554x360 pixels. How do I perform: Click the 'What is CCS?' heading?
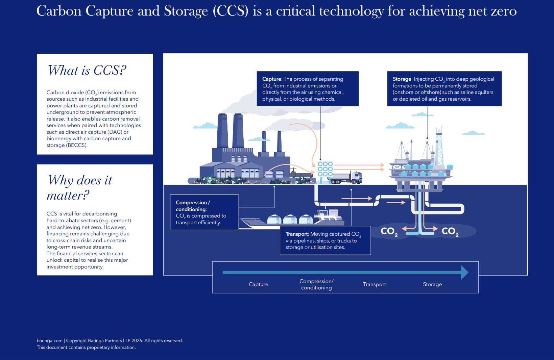click(87, 70)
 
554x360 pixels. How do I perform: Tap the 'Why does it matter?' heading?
click(79, 187)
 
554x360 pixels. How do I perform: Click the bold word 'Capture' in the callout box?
click(271, 79)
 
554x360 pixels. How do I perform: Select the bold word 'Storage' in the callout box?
click(402, 79)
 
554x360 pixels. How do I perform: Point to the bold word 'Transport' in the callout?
click(296, 234)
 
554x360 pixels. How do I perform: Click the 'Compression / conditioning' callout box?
click(204, 212)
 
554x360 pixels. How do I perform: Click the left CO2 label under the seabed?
click(389, 231)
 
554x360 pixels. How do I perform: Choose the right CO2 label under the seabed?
click(450, 231)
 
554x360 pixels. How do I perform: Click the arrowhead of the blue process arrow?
click(465, 272)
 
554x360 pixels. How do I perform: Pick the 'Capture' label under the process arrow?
click(258, 284)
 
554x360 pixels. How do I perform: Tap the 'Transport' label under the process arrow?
click(374, 284)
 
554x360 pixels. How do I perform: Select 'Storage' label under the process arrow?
click(432, 284)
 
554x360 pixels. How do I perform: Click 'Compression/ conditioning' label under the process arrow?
click(316, 284)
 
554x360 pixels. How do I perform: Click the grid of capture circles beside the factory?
click(325, 169)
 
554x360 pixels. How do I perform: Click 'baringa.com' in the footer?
click(49, 340)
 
